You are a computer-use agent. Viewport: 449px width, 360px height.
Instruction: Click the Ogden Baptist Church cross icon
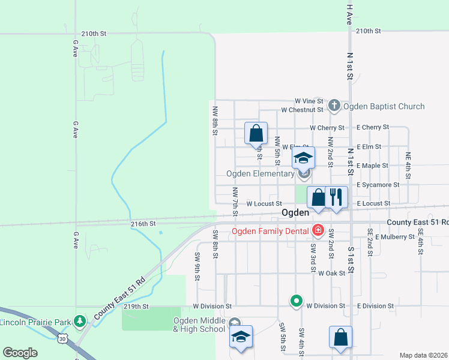coord(334,106)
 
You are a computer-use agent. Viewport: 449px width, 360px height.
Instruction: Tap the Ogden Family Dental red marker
coord(318,230)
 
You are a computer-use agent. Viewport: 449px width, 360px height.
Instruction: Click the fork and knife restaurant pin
coord(336,197)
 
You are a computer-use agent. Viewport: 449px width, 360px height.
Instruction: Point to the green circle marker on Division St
coord(296,301)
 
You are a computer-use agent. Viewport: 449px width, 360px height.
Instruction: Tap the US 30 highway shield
coord(62,339)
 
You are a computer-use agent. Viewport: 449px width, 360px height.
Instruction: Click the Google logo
coord(20,353)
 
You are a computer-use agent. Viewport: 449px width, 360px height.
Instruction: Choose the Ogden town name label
coord(295,213)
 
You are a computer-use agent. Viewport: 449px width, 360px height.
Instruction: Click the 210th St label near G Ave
coord(94,34)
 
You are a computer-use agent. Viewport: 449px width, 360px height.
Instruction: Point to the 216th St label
coord(143,223)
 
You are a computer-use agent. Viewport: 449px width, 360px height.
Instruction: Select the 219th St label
coord(136,306)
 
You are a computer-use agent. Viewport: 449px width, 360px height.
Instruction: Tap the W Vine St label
coord(309,101)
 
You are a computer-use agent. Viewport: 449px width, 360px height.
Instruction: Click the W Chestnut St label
coord(303,110)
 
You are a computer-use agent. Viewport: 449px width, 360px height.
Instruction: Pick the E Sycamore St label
coord(378,185)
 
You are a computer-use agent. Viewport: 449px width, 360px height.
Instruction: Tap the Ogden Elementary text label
coord(261,174)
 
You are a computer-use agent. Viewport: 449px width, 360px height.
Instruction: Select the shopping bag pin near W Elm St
coord(256,133)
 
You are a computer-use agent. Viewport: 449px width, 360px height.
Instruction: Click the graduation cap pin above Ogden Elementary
coord(303,159)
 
